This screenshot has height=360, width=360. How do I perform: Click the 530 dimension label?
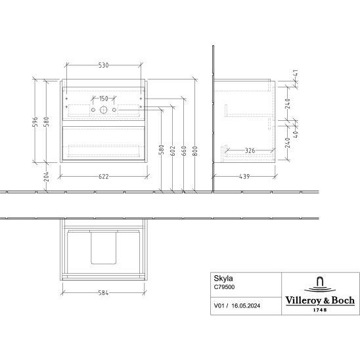tap(103, 65)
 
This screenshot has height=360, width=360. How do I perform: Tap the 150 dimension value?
tap(103, 99)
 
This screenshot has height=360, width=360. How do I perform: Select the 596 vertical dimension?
tap(35, 122)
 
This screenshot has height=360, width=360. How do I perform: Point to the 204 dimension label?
tap(47, 176)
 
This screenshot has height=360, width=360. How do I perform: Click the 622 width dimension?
tap(104, 177)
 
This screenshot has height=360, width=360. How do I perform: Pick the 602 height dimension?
tap(173, 151)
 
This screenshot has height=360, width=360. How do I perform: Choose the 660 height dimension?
tap(184, 151)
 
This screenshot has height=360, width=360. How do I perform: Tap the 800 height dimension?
tap(195, 151)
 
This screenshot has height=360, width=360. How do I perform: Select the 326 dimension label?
tap(250, 150)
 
